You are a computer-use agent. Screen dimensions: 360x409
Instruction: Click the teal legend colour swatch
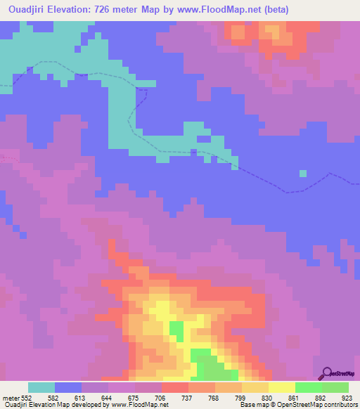[x=41, y=387]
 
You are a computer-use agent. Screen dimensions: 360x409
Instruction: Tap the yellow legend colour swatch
[x=282, y=387]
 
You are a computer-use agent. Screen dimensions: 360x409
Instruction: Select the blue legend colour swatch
[x=68, y=387]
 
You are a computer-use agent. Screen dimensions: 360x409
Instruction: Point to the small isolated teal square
[x=303, y=173]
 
